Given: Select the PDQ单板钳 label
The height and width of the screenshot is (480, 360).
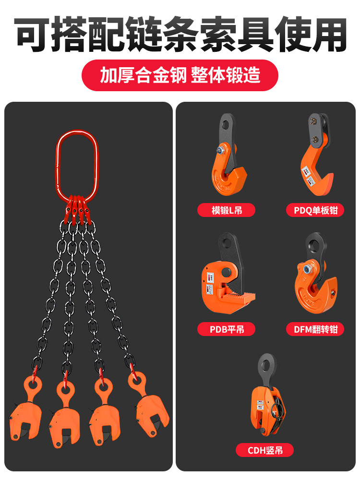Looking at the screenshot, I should [x=315, y=210].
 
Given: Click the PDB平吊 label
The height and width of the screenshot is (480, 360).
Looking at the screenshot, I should [x=227, y=329].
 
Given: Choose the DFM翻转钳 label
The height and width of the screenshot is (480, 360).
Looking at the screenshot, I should [x=315, y=329].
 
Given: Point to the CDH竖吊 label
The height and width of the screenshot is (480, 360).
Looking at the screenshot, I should [x=264, y=450].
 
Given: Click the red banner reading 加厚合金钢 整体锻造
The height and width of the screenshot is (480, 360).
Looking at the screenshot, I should [x=180, y=75].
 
